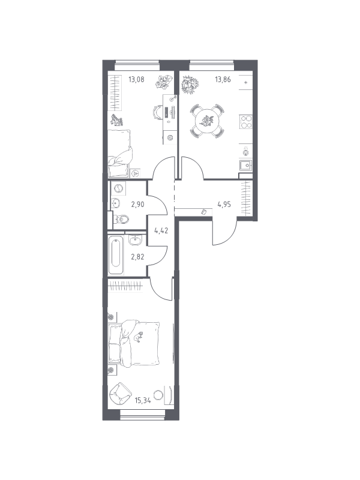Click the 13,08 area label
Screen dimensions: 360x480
pos(136,80)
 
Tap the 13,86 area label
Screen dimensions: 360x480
pos(223,80)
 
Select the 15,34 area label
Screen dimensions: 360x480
pos(143,400)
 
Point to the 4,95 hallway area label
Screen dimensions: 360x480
pos(224,204)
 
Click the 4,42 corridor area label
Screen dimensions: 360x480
pos(161,230)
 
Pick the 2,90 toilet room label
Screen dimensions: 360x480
pos(138,204)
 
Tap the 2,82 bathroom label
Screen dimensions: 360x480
pos(138,257)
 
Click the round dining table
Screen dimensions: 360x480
pos(206,121)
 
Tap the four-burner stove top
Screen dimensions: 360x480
pos(246,122)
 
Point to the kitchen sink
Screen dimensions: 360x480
pos(245,166)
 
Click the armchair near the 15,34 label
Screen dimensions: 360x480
pos(119,394)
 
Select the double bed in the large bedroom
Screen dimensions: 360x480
pos(134,343)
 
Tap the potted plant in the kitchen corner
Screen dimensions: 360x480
pos(190,84)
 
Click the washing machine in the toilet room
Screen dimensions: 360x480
pos(118,188)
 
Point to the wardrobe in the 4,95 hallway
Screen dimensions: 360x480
pos(247,199)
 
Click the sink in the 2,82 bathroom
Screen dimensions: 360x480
pos(135,239)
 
